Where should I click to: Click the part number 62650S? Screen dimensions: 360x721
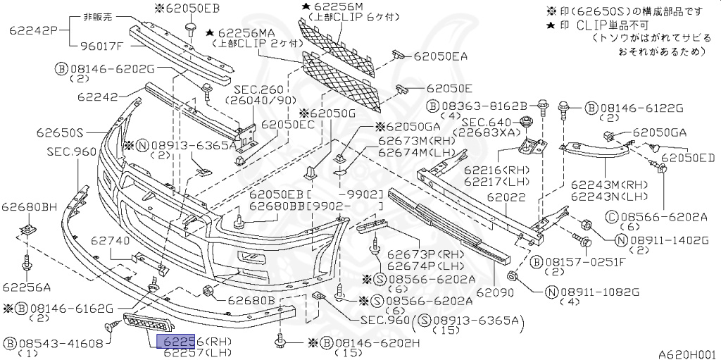[x=61, y=132]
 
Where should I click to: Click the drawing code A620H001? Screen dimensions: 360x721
[x=687, y=354]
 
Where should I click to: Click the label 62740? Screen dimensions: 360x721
[x=109, y=241]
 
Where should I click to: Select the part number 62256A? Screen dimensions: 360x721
[x=26, y=287]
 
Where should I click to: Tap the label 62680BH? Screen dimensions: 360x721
[x=29, y=206]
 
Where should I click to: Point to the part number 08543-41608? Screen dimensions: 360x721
[x=62, y=343]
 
